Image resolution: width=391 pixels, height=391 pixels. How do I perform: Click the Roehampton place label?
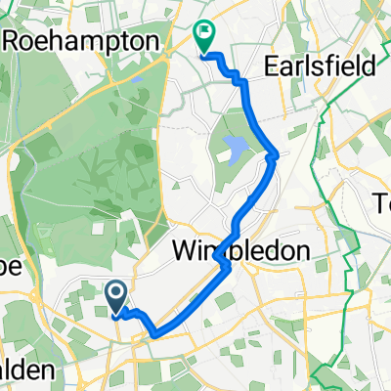tap(84, 42)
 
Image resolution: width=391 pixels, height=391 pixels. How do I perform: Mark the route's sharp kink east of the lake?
tap(277, 153)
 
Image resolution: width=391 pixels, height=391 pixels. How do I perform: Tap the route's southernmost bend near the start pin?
tap(153, 334)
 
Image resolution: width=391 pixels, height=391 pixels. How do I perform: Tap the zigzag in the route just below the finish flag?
tap(235, 76)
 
